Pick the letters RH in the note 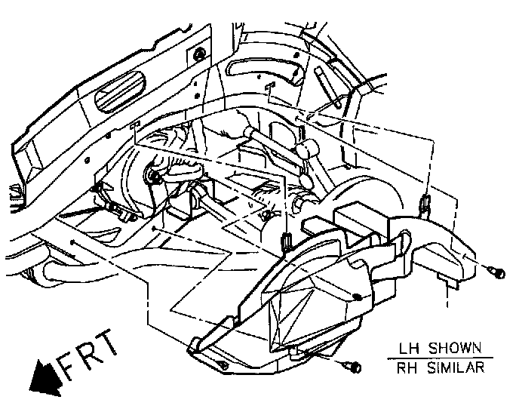pyautogui.click(x=398, y=368)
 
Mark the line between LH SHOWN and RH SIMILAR pyautogui.click(x=435, y=359)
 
